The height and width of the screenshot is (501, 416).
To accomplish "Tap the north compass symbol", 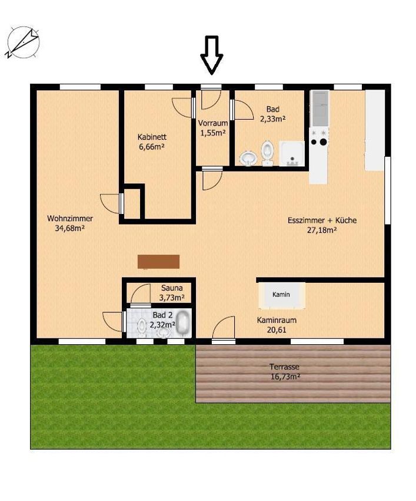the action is click(23, 42).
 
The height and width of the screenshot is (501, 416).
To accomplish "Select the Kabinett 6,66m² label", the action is click(152, 142).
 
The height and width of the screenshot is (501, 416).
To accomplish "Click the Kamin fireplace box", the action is click(281, 295).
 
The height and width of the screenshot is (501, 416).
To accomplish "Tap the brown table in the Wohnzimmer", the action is click(158, 262).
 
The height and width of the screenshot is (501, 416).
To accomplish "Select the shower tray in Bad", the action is click(292, 154).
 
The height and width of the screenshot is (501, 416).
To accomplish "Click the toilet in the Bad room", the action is click(267, 153).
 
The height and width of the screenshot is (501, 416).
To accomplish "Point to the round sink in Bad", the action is click(248, 158).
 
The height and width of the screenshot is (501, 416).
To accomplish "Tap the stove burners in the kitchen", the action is click(320, 137).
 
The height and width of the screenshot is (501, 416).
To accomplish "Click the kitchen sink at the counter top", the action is click(320, 108).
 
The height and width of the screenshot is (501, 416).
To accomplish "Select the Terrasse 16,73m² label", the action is click(285, 371).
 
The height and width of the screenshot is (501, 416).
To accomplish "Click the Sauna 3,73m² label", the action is click(172, 293).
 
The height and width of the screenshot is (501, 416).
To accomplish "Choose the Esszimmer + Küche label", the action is click(322, 225).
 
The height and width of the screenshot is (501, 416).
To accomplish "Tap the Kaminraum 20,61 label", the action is click(277, 325).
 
